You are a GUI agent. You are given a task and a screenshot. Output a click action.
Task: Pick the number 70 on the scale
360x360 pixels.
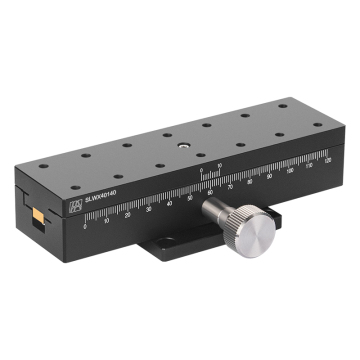(231, 184)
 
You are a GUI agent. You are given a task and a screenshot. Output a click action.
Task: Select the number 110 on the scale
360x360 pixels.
(308, 163)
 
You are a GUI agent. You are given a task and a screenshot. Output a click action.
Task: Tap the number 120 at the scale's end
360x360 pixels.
(326, 158)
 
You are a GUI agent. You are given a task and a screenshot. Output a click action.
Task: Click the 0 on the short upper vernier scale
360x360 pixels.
(200, 171)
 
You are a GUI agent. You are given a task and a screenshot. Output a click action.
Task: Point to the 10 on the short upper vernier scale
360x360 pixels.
(219, 166)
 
